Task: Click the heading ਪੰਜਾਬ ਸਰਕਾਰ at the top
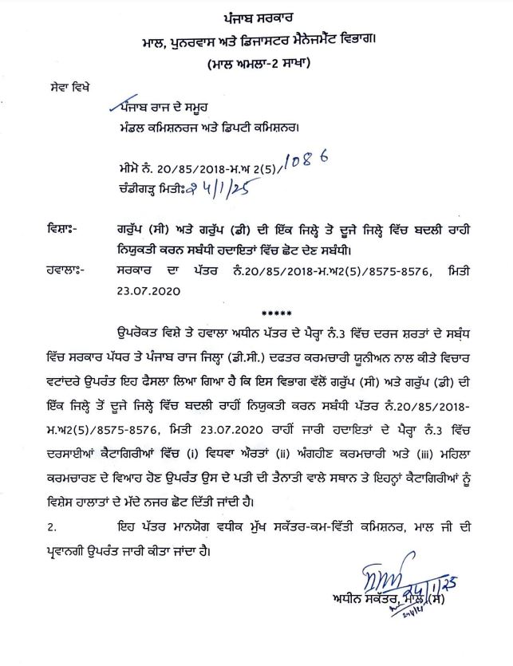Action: coord(256,16)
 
